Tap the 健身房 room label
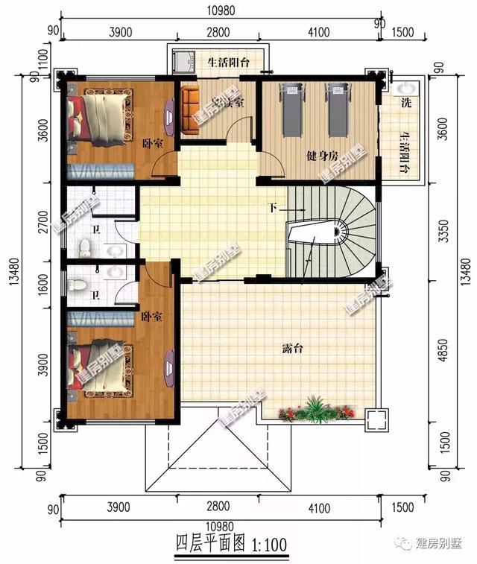323,156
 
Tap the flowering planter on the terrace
312,410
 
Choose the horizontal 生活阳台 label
228,62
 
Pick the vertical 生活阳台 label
405,153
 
